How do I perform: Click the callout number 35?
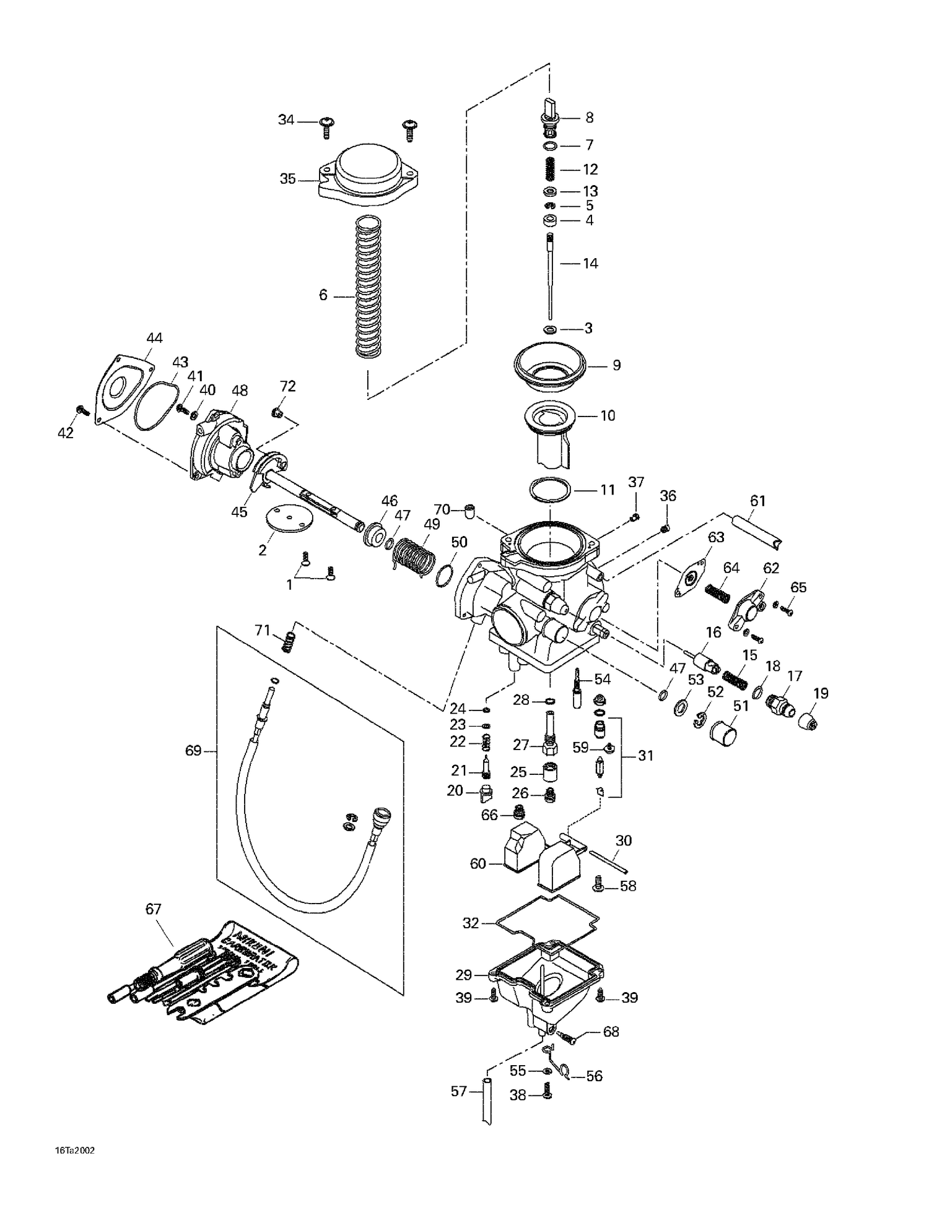(x=287, y=179)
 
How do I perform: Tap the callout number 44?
(x=154, y=338)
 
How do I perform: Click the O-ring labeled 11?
(x=550, y=490)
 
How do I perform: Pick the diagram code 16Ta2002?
(x=74, y=1151)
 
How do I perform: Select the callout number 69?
(x=193, y=751)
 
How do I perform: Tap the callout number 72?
(x=287, y=386)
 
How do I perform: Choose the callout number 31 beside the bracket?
(x=645, y=756)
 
